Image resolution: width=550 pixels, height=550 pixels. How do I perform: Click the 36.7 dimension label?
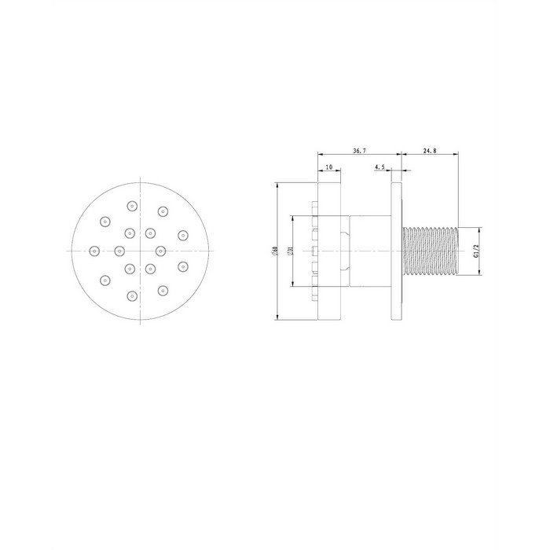click(359, 151)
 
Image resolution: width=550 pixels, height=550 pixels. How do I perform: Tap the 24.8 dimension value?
click(430, 151)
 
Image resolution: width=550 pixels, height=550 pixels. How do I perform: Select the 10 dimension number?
click(329, 167)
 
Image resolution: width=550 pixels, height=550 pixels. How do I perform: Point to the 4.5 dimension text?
click(379, 167)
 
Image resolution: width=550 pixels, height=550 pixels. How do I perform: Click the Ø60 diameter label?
click(275, 251)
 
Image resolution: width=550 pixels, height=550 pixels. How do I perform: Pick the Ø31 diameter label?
click(290, 251)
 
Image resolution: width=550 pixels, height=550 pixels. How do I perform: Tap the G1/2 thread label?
click(475, 251)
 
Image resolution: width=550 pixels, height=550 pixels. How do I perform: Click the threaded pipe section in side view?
click(431, 251)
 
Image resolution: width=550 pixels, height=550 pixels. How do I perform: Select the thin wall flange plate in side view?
click(396, 251)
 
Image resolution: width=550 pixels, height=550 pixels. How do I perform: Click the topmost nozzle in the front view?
click(132, 206)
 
